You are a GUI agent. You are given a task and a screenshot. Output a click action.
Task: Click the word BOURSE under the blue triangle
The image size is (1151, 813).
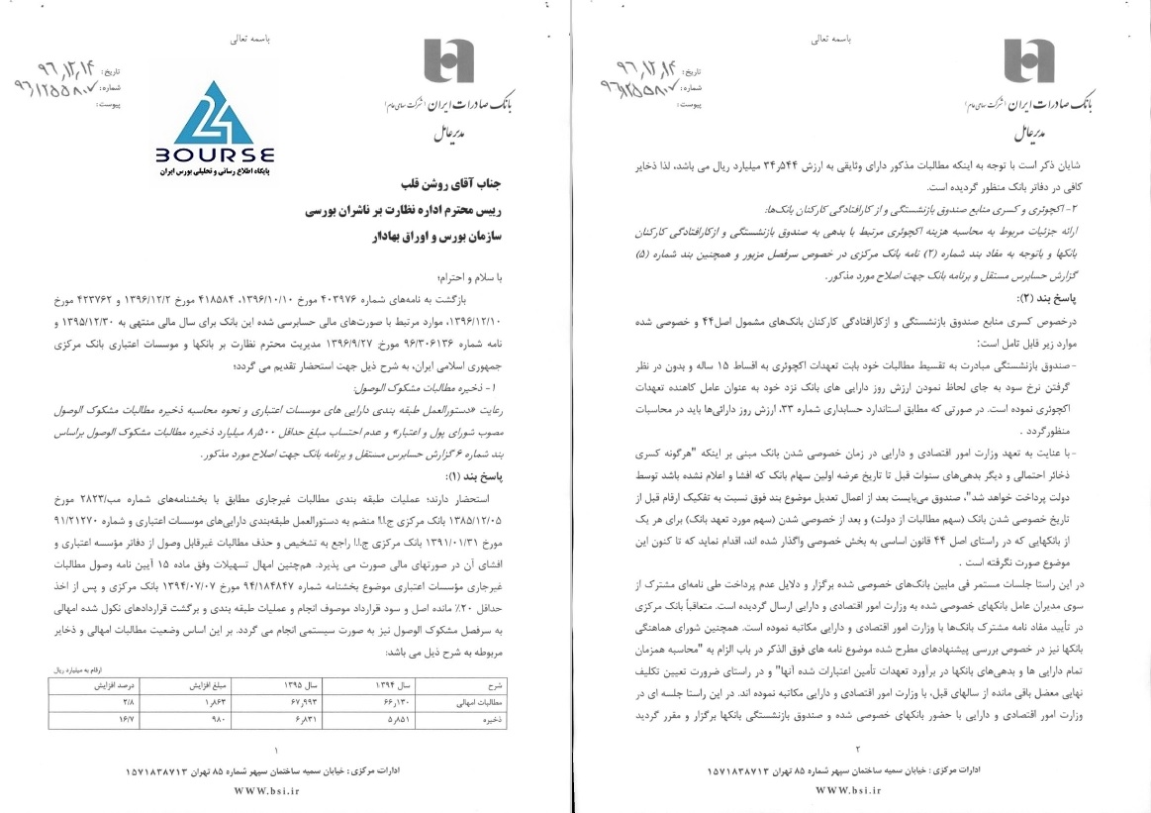[x=214, y=155]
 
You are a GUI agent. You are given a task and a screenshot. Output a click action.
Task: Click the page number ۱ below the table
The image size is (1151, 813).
[x=275, y=750]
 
